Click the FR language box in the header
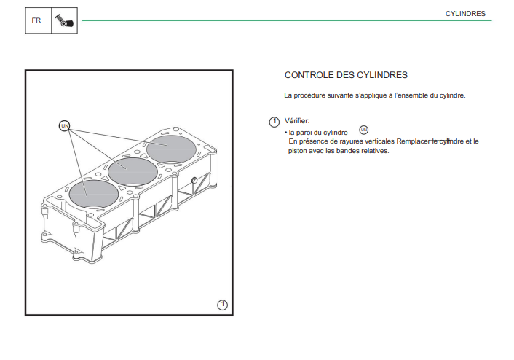(38, 20)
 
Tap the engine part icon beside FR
(64, 20)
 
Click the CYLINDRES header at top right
(465, 14)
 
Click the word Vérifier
(297, 121)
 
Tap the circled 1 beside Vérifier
(274, 122)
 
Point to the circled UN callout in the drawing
(65, 125)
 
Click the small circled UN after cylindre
(364, 130)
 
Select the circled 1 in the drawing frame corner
(222, 305)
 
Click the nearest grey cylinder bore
(94, 194)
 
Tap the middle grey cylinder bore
(133, 172)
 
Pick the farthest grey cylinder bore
(171, 149)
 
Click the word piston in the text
(297, 151)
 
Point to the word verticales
(379, 141)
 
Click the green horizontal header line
(287, 20)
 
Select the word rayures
(351, 141)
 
